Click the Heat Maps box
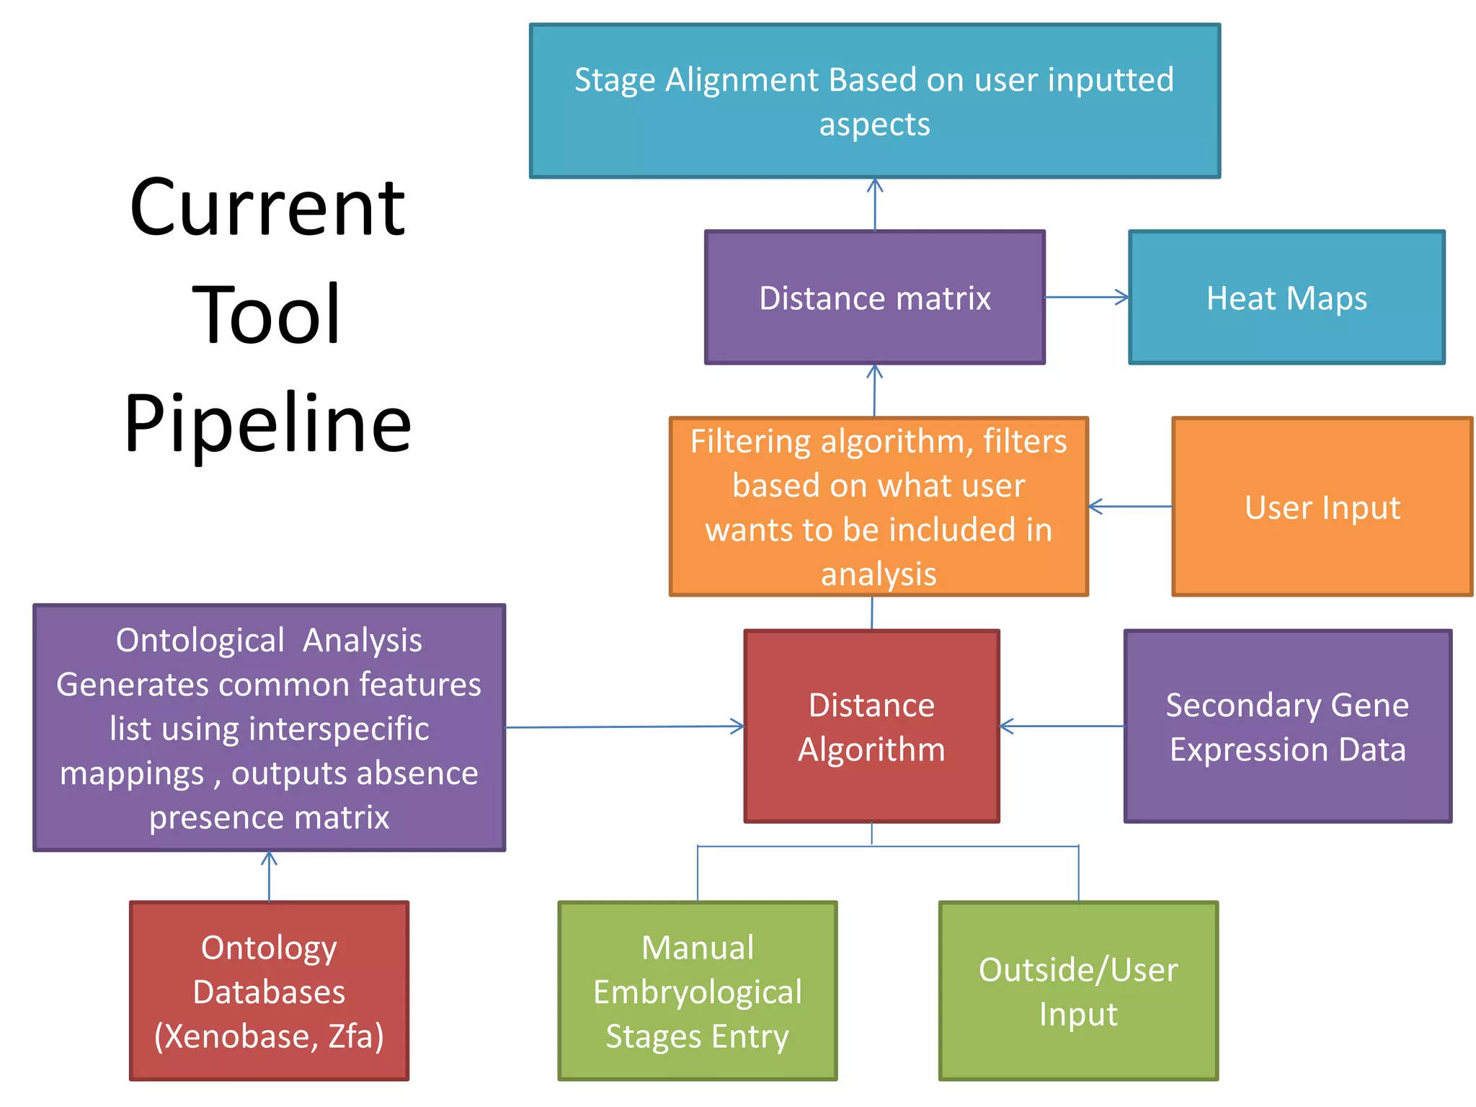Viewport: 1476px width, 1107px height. click(x=1286, y=298)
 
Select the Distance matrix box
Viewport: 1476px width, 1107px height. click(x=874, y=298)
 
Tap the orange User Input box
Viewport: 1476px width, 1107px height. click(x=1322, y=507)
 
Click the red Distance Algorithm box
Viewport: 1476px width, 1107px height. click(x=871, y=726)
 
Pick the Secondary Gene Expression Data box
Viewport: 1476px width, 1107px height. click(x=1287, y=726)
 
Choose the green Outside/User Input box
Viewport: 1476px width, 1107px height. click(x=1078, y=991)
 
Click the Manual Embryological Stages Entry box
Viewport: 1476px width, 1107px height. click(x=697, y=991)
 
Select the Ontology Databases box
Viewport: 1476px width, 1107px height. click(x=269, y=991)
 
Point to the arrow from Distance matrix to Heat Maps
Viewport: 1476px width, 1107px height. click(x=1086, y=297)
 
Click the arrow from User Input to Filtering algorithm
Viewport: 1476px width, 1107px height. click(x=1129, y=507)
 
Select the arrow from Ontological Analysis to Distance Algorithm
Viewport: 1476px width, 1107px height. click(x=624, y=726)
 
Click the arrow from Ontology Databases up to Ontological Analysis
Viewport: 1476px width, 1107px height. click(x=269, y=876)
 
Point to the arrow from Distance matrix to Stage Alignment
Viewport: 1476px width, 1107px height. click(x=875, y=204)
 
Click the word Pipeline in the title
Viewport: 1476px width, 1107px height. click(x=267, y=423)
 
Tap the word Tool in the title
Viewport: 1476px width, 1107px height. click(x=267, y=315)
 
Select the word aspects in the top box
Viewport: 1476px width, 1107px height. click(x=874, y=125)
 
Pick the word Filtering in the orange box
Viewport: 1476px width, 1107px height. click(x=751, y=442)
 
